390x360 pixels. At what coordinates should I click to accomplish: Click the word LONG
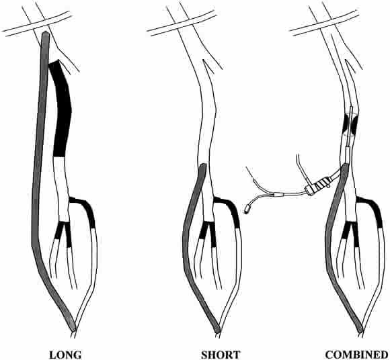pos(65,355)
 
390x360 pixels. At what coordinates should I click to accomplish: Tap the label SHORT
pos(221,355)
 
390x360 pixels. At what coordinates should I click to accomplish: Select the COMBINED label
pos(356,355)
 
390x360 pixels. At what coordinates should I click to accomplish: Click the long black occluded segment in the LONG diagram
pos(62,109)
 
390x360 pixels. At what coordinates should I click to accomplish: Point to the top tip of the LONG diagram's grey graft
pos(46,32)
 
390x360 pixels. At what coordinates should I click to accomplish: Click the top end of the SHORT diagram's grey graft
pos(204,165)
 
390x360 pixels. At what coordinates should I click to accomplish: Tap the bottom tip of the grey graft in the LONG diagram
pos(73,330)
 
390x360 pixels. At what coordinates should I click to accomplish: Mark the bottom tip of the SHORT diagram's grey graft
pos(217,331)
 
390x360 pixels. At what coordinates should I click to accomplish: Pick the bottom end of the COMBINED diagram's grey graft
pos(360,330)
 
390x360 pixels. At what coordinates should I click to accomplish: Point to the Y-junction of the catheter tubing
pos(274,195)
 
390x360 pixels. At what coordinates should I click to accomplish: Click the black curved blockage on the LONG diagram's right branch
pos(85,209)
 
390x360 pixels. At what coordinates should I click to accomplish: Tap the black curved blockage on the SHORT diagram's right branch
pos(229,209)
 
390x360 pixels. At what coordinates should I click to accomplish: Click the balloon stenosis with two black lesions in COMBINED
pos(350,124)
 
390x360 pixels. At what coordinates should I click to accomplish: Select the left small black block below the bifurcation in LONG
pos(59,230)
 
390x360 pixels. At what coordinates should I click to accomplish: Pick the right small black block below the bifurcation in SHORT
pos(212,234)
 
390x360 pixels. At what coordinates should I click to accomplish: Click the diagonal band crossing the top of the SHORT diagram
pos(182,23)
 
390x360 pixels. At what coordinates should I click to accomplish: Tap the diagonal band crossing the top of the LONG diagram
pos(37,24)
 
